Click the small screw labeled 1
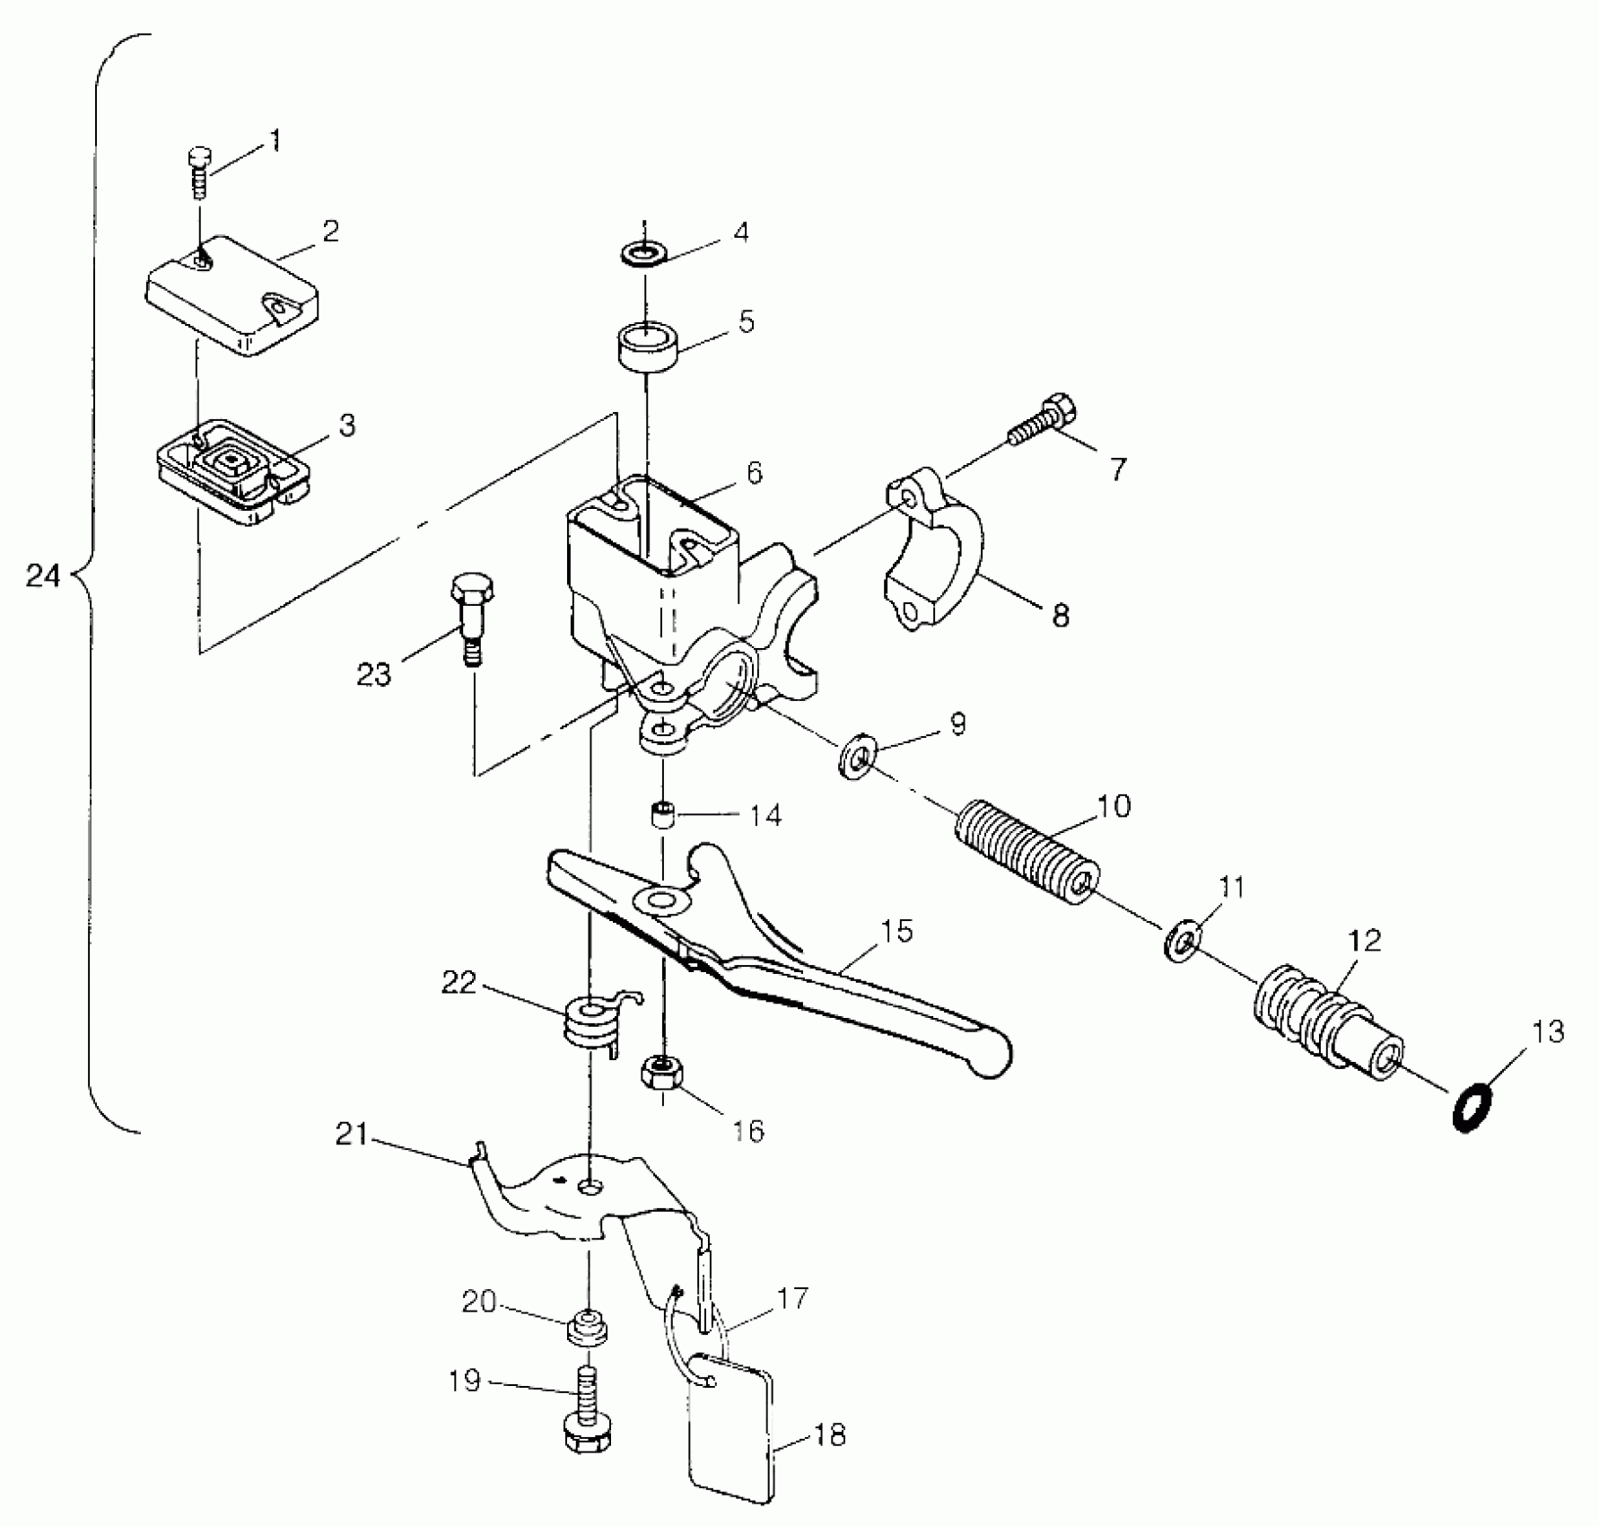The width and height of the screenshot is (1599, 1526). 198,172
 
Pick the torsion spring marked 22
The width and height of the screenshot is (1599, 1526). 590,1025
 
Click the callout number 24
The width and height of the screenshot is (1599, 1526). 43,575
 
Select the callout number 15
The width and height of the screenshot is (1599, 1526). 896,931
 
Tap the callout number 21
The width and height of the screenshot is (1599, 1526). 352,1136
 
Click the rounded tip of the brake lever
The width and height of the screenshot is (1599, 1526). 992,1058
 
